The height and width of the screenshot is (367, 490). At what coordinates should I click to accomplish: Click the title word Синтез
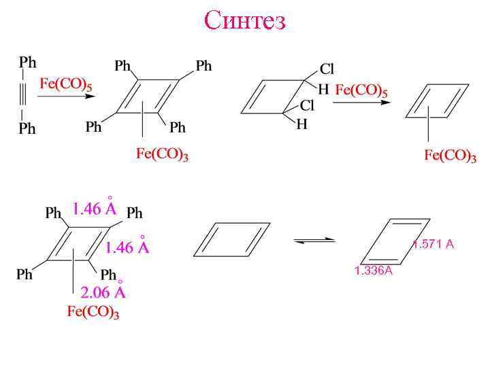[x=245, y=20]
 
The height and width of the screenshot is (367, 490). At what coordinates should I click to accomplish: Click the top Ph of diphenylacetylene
[x=28, y=63]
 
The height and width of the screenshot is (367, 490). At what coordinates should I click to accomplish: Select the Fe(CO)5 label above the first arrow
[x=66, y=84]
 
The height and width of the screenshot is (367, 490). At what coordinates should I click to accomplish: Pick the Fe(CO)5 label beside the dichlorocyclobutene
[x=361, y=89]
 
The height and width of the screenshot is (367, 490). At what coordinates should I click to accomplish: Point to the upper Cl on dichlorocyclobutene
[x=327, y=69]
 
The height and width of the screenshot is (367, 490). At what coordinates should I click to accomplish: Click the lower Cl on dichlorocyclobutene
[x=307, y=105]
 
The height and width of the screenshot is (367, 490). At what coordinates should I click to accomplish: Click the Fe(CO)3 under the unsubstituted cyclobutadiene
[x=450, y=156]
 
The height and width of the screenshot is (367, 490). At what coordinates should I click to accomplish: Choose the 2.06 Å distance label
[x=103, y=292]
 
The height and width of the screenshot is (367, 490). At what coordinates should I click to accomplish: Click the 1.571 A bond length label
[x=433, y=245]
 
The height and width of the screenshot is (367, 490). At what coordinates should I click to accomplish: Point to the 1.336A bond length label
[x=374, y=271]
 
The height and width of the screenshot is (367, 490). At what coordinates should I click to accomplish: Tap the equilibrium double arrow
[x=314, y=240]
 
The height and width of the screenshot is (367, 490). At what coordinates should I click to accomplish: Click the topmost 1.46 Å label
[x=95, y=209]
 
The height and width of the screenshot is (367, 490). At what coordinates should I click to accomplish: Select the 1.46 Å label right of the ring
[x=127, y=247]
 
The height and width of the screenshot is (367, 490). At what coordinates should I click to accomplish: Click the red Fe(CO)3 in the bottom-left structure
[x=93, y=313]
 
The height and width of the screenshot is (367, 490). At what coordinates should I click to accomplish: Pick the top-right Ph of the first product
[x=203, y=66]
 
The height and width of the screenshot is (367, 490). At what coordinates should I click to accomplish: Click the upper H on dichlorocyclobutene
[x=323, y=89]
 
